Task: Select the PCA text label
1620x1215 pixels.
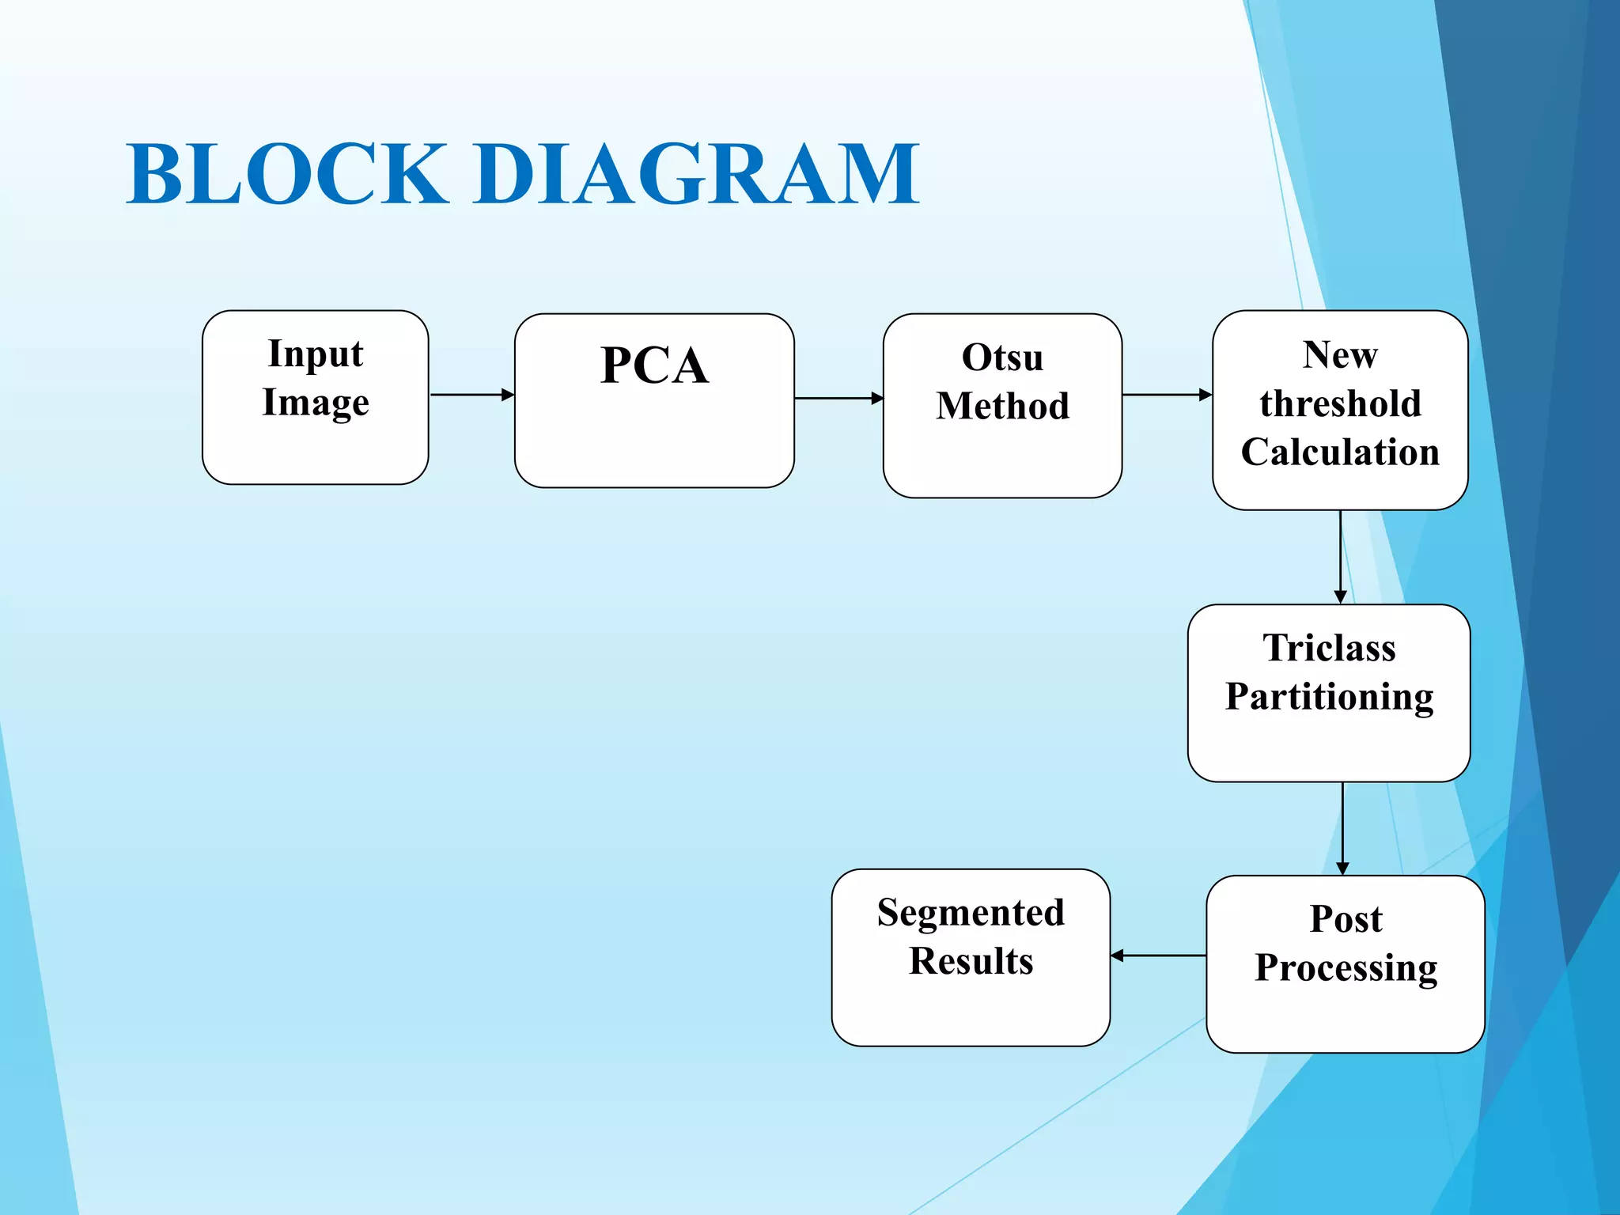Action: click(654, 365)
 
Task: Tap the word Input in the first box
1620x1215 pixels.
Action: click(316, 354)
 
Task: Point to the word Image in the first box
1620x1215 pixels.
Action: click(316, 403)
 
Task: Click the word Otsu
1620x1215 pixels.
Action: click(1002, 358)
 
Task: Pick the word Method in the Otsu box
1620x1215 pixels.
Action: click(1002, 406)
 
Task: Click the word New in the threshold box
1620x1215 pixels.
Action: click(1340, 354)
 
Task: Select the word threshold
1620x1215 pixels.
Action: click(1340, 403)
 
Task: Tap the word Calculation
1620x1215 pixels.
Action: click(1340, 452)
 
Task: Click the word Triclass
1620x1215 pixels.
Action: click(1329, 648)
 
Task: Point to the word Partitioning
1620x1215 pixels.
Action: click(1329, 697)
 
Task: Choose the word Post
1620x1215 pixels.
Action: click(1346, 919)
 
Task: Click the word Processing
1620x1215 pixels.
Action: click(1346, 968)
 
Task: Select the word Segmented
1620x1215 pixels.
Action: click(971, 913)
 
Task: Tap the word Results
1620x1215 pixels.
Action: click(971, 961)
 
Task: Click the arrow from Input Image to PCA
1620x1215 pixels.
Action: click(471, 394)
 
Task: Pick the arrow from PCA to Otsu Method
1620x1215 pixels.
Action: click(838, 398)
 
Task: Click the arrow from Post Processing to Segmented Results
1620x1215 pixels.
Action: click(1158, 956)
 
